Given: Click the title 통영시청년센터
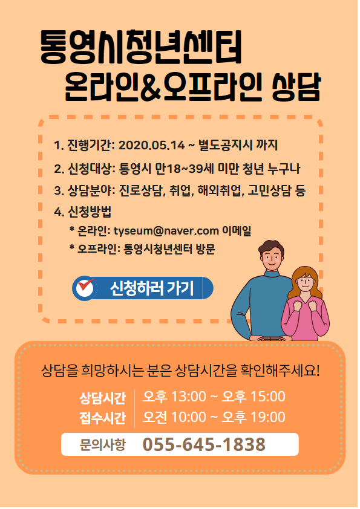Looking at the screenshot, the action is pyautogui.click(x=141, y=47).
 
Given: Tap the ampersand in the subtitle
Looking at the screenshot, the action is pyautogui.click(x=151, y=87).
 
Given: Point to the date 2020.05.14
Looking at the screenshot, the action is pyautogui.click(x=152, y=145).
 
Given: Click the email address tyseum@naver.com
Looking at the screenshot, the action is pyautogui.click(x=166, y=231).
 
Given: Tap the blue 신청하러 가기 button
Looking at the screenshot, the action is pyautogui.click(x=143, y=288).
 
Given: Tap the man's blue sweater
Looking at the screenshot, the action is pyautogui.click(x=260, y=305).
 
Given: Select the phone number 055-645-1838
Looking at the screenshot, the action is pyautogui.click(x=204, y=444).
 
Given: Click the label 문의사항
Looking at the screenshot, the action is pyautogui.click(x=103, y=444).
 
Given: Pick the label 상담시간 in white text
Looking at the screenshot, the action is pyautogui.click(x=102, y=398).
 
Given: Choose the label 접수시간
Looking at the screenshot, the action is pyautogui.click(x=102, y=418).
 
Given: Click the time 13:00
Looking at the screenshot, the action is pyautogui.click(x=188, y=397).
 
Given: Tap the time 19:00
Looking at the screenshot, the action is pyautogui.click(x=267, y=417).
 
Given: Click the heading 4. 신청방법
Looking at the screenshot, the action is pyautogui.click(x=82, y=212).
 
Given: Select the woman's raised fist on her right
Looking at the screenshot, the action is pyautogui.click(x=313, y=305).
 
